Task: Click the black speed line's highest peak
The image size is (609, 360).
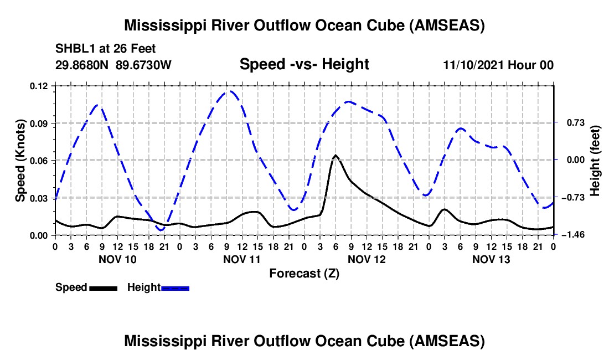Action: point(336,155)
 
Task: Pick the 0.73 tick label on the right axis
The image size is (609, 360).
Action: point(576,123)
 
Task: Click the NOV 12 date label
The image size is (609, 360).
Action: point(367,259)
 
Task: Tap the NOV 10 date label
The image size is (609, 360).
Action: point(118,259)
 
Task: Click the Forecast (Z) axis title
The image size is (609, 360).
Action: point(304,274)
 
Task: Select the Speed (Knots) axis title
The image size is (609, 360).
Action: point(20,161)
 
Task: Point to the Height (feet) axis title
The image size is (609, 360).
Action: point(595,161)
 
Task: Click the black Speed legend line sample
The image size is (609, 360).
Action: point(103,288)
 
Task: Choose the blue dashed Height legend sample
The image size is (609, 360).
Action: point(175,288)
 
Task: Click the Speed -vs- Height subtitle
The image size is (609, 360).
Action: point(304,64)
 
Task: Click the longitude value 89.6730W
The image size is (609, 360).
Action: point(143,65)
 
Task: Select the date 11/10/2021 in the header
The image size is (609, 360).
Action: point(474,65)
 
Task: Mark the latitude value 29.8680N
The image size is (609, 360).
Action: point(82,65)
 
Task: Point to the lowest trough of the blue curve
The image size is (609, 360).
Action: point(161,230)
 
